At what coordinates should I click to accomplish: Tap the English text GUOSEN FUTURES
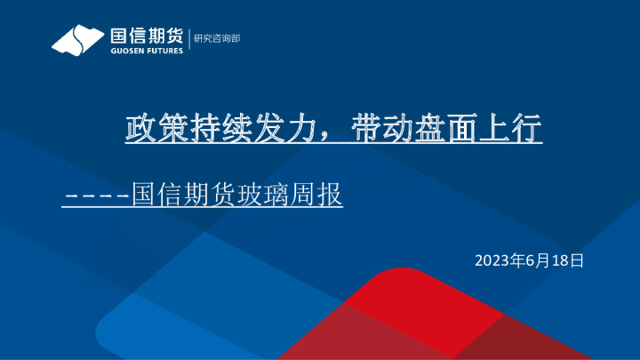coord(146,51)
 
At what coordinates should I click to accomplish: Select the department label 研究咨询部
coord(216,38)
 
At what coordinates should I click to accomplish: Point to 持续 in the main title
coord(208,130)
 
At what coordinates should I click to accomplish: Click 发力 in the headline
coord(270,130)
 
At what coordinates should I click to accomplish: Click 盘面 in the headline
coord(436,130)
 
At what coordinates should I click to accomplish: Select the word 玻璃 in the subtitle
coord(259,195)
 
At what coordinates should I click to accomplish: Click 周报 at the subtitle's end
coord(321,195)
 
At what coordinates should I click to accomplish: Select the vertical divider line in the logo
coord(188,39)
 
